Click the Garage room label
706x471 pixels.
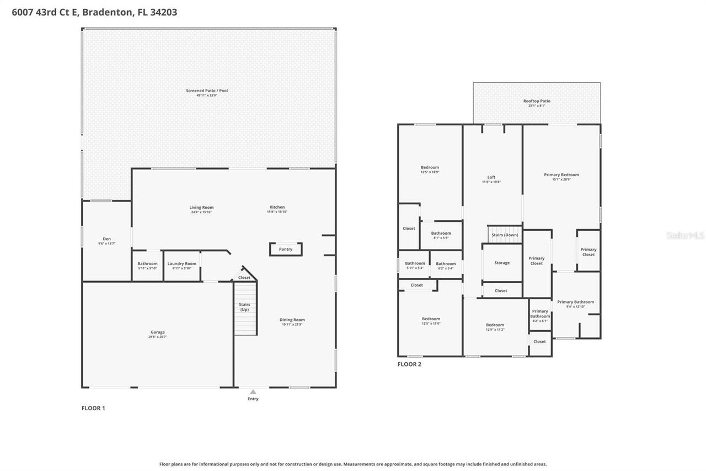[x=158, y=334]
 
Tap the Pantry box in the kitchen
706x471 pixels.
[x=285, y=250]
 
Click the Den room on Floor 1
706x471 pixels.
[x=106, y=241]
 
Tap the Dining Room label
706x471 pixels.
[x=292, y=321]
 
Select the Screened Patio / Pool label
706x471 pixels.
[x=206, y=92]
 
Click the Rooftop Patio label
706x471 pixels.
[x=536, y=103]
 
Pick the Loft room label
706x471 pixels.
[x=491, y=179]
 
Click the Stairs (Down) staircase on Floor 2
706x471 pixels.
[x=505, y=234]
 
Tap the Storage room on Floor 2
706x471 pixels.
[x=502, y=263]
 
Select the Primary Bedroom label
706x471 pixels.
[x=561, y=177]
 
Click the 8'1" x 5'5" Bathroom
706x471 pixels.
[x=441, y=235]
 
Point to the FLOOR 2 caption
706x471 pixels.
[x=409, y=364]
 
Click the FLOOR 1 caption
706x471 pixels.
[x=93, y=408]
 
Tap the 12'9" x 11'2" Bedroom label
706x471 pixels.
[x=495, y=327]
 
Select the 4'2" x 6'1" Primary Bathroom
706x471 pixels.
[x=540, y=315]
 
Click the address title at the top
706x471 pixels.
[x=94, y=12]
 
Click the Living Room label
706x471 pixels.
[x=201, y=209]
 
